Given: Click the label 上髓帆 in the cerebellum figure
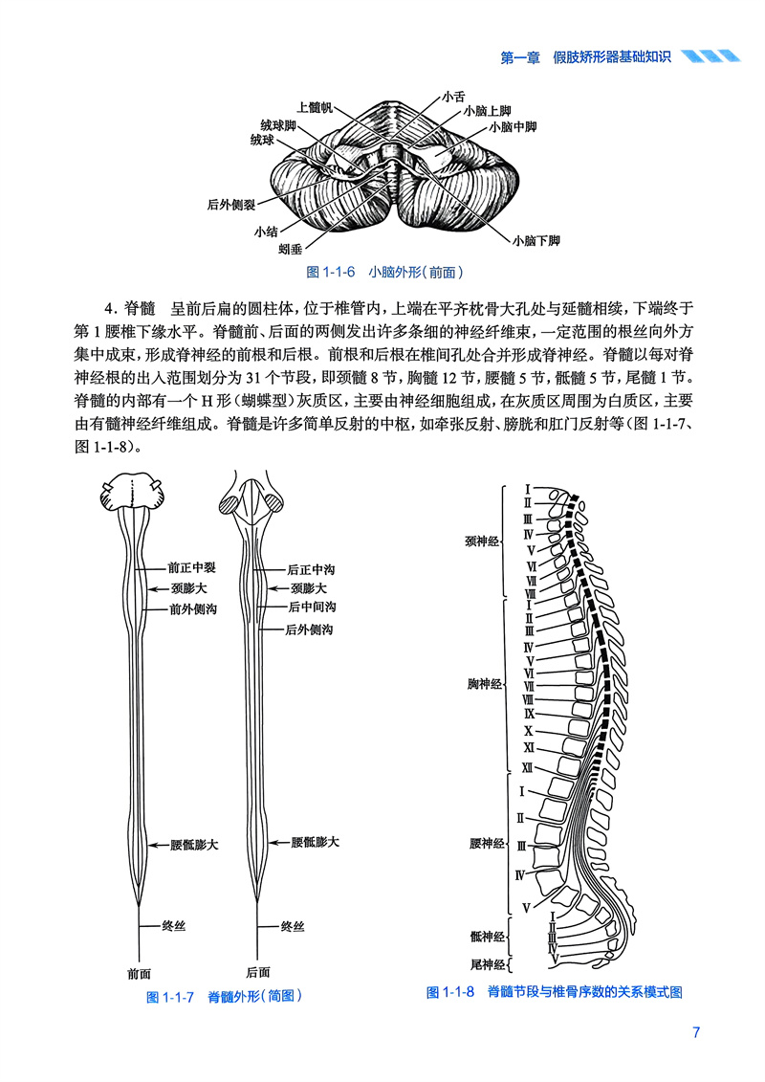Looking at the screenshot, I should (x=315, y=107).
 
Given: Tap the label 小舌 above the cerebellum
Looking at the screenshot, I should (x=454, y=97).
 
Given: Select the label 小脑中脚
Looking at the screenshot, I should (x=513, y=125).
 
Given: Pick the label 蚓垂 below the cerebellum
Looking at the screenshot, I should (x=292, y=249).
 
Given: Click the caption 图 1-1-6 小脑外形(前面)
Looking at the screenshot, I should (x=385, y=272).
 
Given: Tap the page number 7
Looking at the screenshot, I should (x=696, y=1033).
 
